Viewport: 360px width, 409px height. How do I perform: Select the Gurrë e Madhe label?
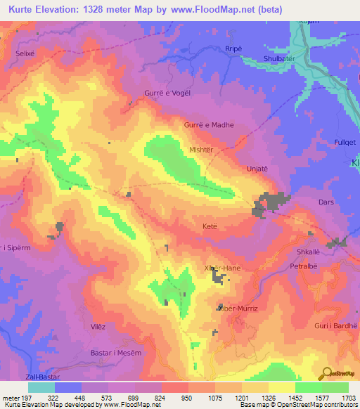pos(209,125)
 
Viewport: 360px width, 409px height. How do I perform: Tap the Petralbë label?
pos(305,268)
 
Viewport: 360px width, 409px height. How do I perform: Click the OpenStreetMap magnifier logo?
pos(326,375)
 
